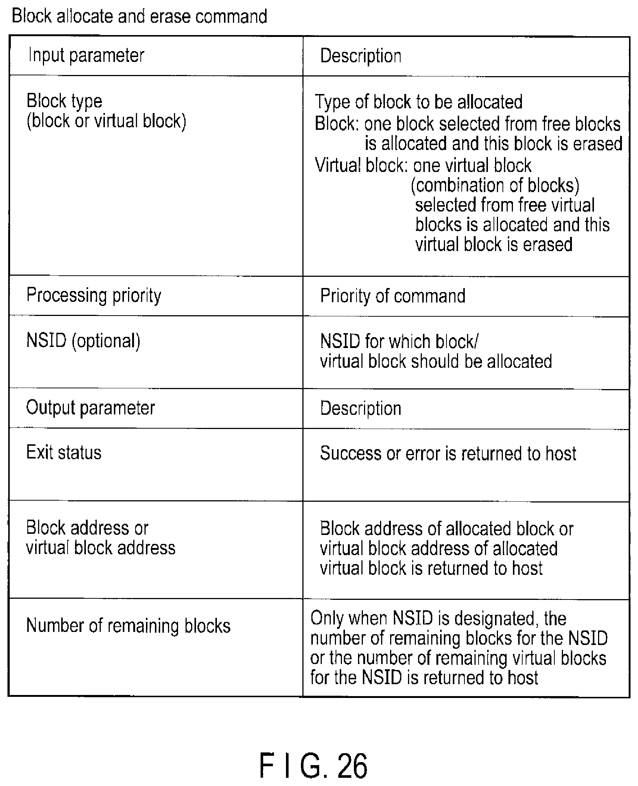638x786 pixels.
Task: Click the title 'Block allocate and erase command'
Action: [140, 16]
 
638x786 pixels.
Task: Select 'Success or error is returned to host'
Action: [448, 454]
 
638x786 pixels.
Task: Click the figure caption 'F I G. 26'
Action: [313, 765]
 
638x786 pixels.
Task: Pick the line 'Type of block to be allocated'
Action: [418, 102]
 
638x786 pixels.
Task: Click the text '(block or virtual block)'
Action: [106, 121]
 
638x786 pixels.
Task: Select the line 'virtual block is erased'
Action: [494, 244]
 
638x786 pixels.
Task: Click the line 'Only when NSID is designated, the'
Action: [438, 619]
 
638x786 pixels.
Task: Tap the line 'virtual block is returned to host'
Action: [431, 568]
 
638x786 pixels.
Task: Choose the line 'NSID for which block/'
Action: [399, 341]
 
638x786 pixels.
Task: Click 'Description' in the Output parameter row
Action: [361, 408]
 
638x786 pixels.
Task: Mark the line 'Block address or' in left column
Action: [87, 528]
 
